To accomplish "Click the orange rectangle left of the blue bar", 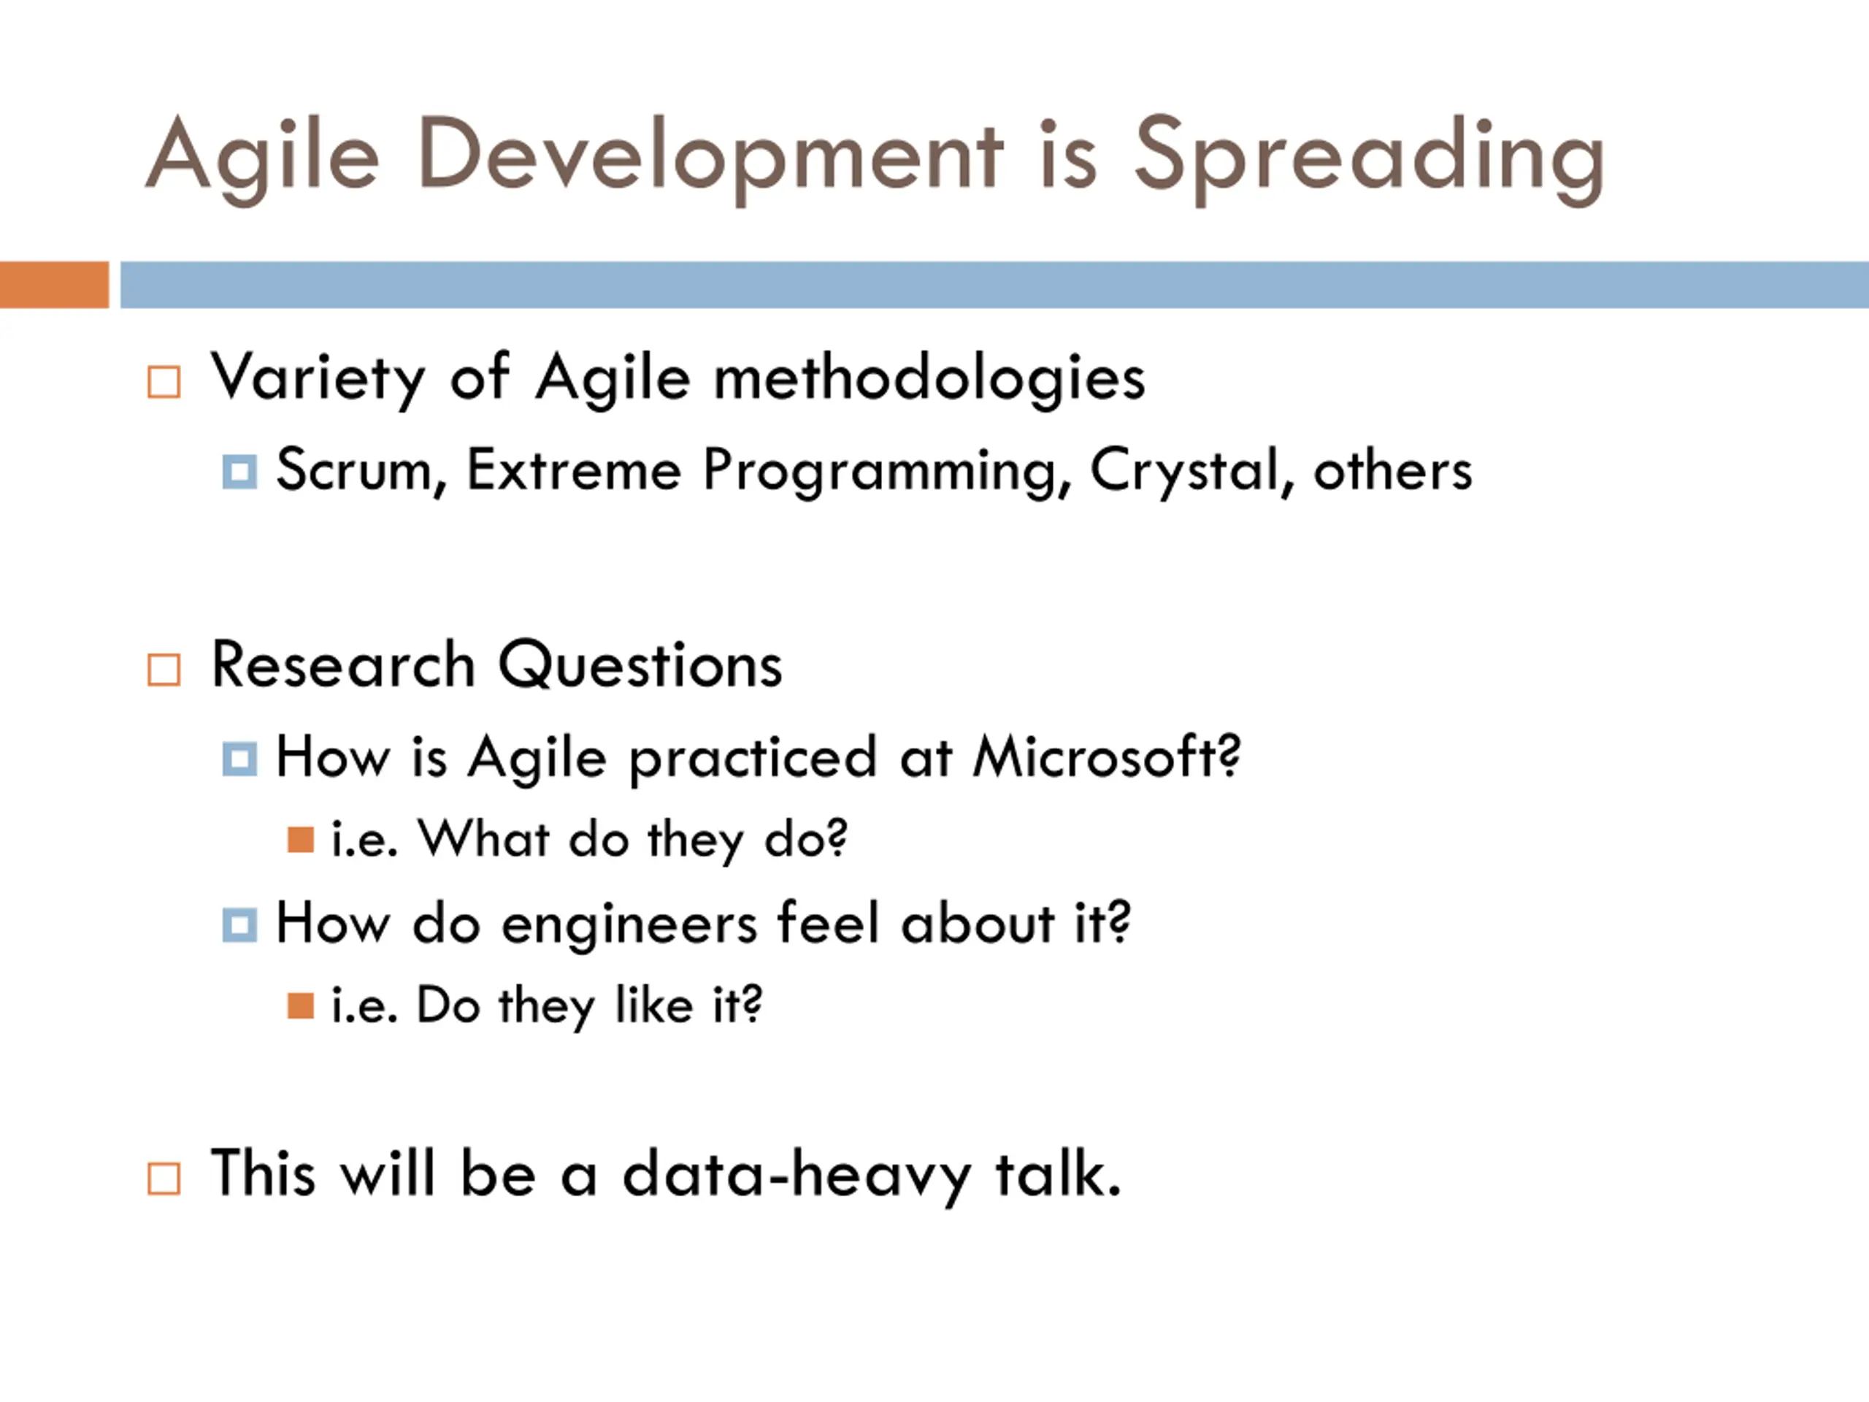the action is (x=54, y=285).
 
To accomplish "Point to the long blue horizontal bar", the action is (x=994, y=285).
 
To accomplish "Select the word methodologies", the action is (x=929, y=378).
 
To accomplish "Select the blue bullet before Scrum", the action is (x=239, y=472).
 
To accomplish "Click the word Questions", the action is (x=640, y=665).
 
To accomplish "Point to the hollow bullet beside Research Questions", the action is (x=164, y=670).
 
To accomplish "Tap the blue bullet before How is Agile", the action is (x=239, y=759).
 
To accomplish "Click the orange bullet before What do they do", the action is (x=300, y=839).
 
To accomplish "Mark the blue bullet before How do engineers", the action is (x=239, y=924).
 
